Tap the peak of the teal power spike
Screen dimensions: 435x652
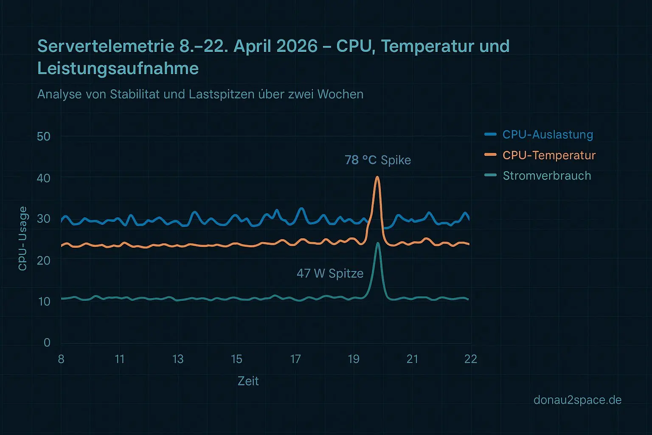tap(378, 243)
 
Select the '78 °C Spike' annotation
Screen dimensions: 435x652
tap(378, 160)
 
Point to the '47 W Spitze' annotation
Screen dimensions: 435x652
tap(330, 273)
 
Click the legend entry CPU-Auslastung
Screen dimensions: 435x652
tap(548, 135)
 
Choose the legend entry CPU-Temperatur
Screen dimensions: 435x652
tap(549, 155)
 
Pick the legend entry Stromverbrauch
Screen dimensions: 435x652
tap(547, 176)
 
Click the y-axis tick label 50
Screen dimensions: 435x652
tap(44, 137)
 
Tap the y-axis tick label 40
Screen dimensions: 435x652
tap(44, 178)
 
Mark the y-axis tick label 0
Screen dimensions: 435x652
tap(47, 342)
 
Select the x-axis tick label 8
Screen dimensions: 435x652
tap(61, 359)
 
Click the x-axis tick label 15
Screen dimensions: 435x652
tap(236, 359)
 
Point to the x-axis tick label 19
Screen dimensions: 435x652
tap(354, 359)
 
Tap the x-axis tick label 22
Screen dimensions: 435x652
tap(470, 359)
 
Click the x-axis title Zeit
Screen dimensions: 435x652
tap(248, 381)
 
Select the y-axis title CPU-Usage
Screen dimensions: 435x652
tap(22, 238)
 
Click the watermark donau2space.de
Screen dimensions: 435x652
tap(577, 400)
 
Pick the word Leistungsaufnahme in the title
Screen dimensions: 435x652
tap(118, 68)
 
